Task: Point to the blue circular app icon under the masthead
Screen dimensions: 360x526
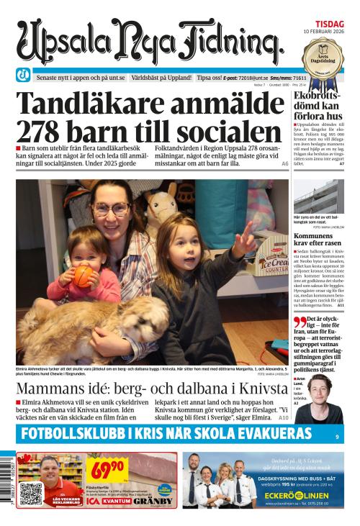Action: click(x=24, y=76)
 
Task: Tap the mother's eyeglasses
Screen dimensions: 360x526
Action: click(x=111, y=209)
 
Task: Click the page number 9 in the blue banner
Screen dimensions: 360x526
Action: click(x=336, y=436)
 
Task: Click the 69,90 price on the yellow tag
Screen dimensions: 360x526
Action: click(x=106, y=469)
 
